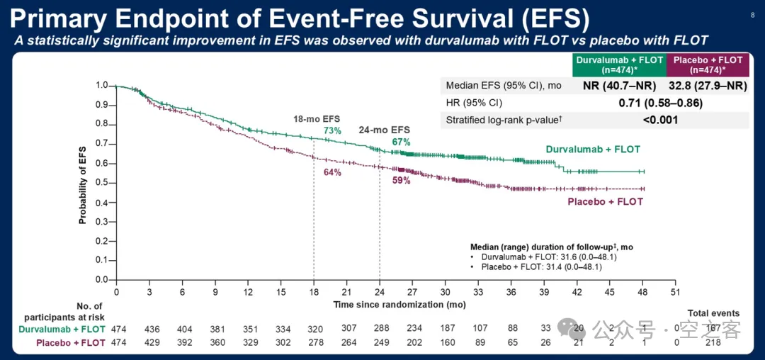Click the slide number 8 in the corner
(752, 14)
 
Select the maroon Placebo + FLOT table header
(708, 65)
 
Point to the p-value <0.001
(660, 120)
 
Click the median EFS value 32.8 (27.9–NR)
(708, 86)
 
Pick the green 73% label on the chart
(332, 130)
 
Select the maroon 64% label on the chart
(332, 172)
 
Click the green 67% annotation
(402, 142)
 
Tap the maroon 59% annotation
(402, 181)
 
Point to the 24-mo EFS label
(385, 130)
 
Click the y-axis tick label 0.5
(102, 183)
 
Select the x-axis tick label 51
(676, 292)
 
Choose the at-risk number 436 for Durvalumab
(149, 329)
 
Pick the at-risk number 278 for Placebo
(314, 342)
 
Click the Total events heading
(713, 313)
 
